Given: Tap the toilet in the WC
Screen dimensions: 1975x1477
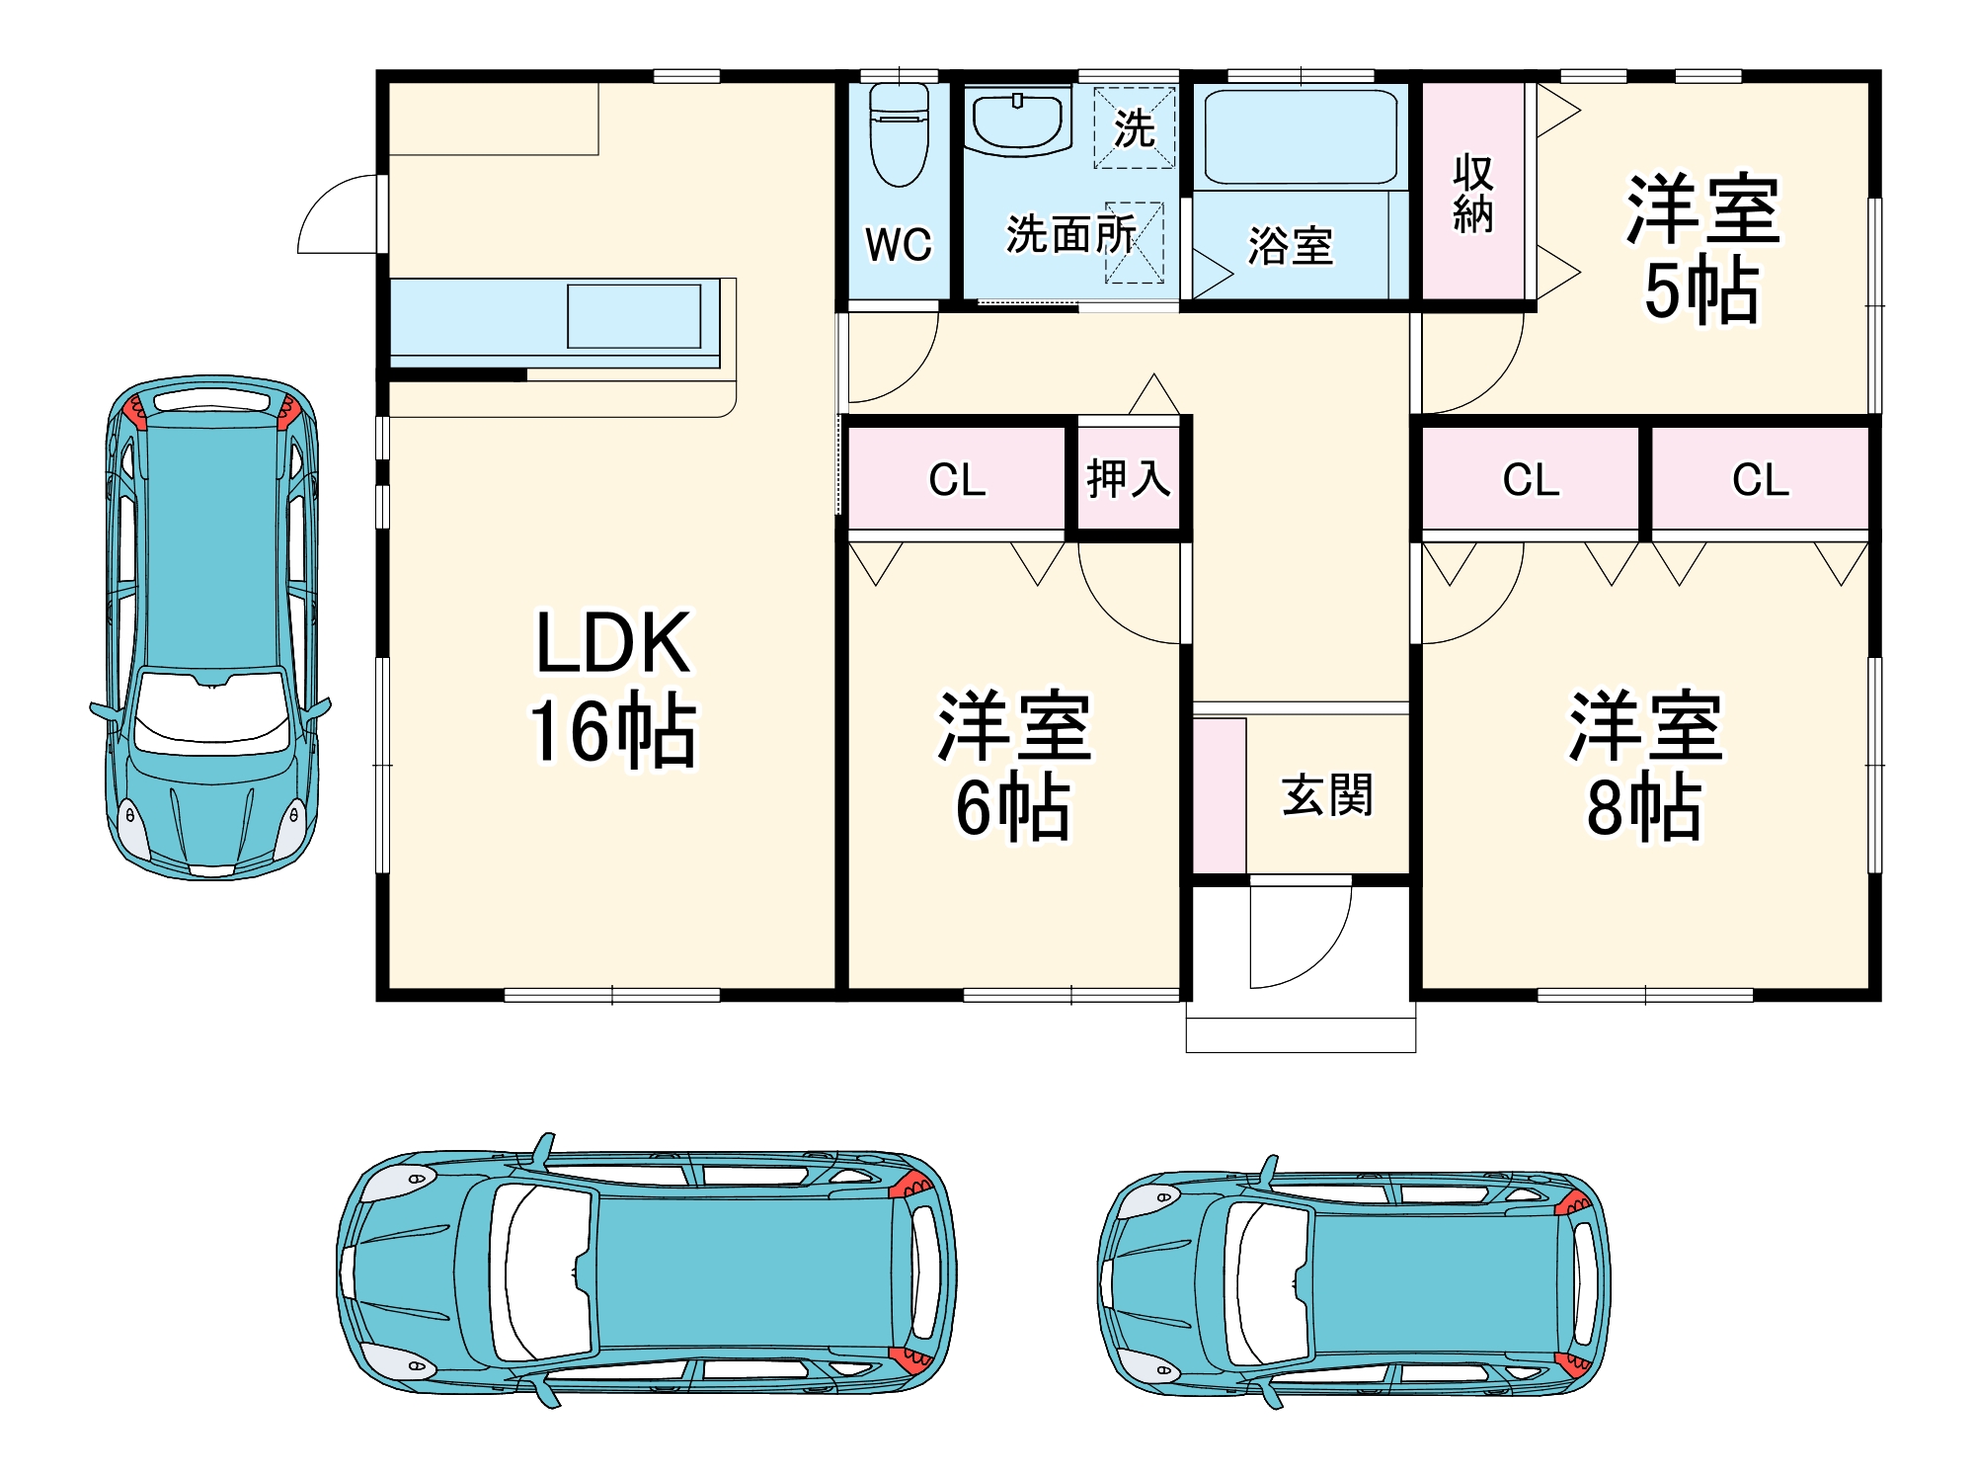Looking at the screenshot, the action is [x=899, y=134].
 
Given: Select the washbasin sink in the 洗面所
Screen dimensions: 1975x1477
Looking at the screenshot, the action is [x=1017, y=122].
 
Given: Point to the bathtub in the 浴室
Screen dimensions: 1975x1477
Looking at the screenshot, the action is [x=1301, y=136].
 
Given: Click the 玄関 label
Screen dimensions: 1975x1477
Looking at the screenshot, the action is [x=1327, y=795].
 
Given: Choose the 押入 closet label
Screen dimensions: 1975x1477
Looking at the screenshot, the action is [x=1128, y=479].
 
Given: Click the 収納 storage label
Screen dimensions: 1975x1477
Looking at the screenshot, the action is [x=1472, y=194].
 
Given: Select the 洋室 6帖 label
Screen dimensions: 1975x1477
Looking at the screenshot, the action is [x=1014, y=766].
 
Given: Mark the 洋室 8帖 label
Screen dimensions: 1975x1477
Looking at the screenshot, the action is [x=1645, y=766].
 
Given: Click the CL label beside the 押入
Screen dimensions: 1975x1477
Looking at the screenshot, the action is [x=957, y=480].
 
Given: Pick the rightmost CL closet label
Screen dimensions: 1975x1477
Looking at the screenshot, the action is [x=1761, y=480].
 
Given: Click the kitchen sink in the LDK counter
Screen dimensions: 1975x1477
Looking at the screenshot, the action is [x=634, y=316].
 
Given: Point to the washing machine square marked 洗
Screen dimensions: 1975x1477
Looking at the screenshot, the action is [x=1135, y=127].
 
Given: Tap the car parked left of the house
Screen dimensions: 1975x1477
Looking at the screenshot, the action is [x=210, y=626].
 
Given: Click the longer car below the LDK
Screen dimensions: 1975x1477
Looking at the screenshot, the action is [x=647, y=1271].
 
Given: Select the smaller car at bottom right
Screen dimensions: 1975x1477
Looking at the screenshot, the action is [x=1354, y=1281].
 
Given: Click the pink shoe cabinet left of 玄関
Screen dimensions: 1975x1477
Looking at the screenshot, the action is [x=1220, y=795].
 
